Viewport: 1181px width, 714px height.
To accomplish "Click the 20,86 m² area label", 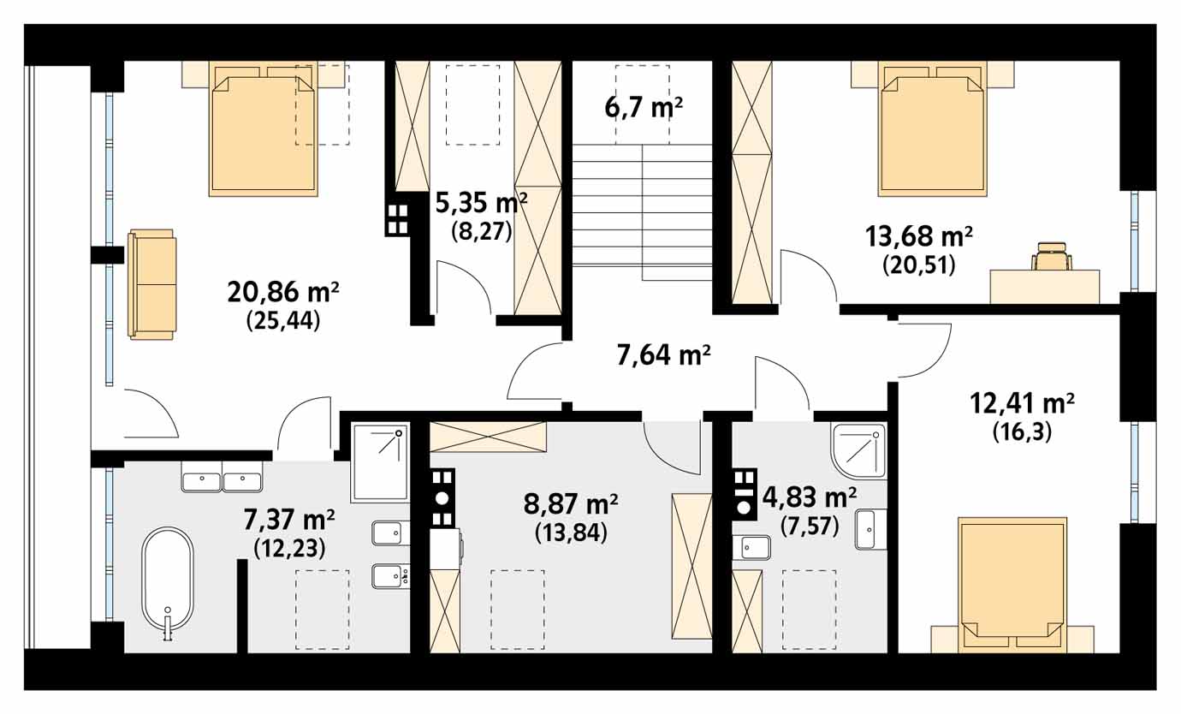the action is pos(283,292).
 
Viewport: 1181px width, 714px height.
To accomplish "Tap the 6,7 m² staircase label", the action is pos(644,108).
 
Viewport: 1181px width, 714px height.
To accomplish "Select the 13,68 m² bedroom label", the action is pos(919,236).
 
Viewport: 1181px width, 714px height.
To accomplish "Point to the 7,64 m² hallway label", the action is pos(664,355).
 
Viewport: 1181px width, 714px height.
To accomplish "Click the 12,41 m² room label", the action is pos(1023,404).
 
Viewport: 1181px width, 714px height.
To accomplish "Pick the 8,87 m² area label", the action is pos(571,504).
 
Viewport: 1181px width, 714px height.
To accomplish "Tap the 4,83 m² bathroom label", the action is pos(810,497).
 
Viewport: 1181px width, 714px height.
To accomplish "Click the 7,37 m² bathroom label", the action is pos(289,520).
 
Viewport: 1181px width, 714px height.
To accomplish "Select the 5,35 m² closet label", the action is pos(481,203).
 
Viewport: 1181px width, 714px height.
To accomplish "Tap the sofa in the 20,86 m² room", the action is pos(151,284).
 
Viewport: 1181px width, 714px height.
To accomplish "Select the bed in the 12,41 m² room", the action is pos(1012,586).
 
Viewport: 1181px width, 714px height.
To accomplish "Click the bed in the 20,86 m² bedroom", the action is pos(263,129).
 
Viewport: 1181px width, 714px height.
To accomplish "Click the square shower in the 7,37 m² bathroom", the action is pos(380,462).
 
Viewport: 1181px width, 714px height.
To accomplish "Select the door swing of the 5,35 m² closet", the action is pos(464,288).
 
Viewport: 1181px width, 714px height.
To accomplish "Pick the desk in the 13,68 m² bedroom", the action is pos(1044,286).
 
